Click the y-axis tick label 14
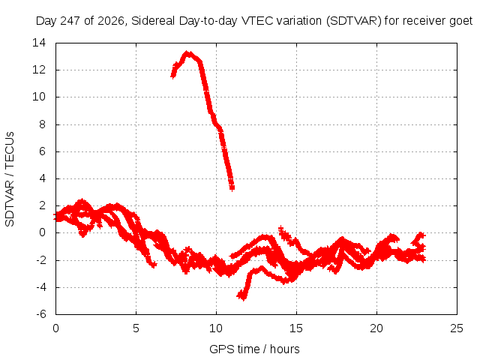pyautogui.click(x=39, y=43)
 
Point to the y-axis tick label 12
pyautogui.click(x=39, y=70)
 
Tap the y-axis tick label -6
pyautogui.click(x=41, y=314)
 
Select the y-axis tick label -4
pyautogui.click(x=41, y=287)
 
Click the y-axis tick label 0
pyautogui.click(x=42, y=232)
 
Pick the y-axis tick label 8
pyautogui.click(x=42, y=124)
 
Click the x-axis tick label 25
pyautogui.click(x=457, y=328)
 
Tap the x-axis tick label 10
pyautogui.click(x=216, y=328)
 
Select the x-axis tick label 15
pyautogui.click(x=296, y=328)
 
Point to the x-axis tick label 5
pyautogui.click(x=136, y=328)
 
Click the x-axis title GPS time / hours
pyautogui.click(x=254, y=349)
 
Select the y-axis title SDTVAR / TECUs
pyautogui.click(x=10, y=179)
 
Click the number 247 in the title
pyautogui.click(x=70, y=21)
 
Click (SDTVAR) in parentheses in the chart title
pyautogui.click(x=354, y=21)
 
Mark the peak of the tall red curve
pyautogui.click(x=187, y=53)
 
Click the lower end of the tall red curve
pyautogui.click(x=232, y=188)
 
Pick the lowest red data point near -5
pyautogui.click(x=243, y=298)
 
